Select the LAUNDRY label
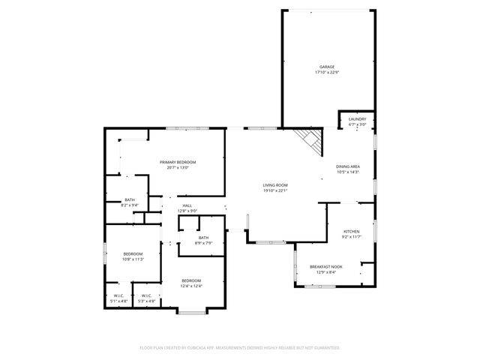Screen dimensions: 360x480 point(357,119)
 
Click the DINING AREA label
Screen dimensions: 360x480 point(348,166)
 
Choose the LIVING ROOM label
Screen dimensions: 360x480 point(275,184)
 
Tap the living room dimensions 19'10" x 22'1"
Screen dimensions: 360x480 point(275,190)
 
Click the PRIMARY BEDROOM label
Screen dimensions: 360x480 point(178,162)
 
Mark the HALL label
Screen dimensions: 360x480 point(187,205)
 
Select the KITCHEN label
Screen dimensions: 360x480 point(352,231)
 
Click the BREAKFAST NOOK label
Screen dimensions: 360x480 point(326,267)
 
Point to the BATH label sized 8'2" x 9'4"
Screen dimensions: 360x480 point(130,199)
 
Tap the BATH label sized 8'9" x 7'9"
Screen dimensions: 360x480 point(204,238)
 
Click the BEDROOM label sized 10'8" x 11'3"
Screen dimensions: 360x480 point(133,253)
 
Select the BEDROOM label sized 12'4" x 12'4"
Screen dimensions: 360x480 point(190,280)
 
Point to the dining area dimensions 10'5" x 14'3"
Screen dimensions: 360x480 point(348,172)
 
